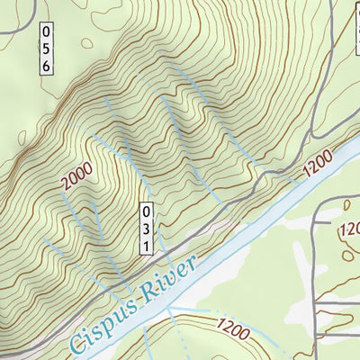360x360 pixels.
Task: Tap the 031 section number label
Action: [x=144, y=229]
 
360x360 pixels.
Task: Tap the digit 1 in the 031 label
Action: [x=144, y=246]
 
